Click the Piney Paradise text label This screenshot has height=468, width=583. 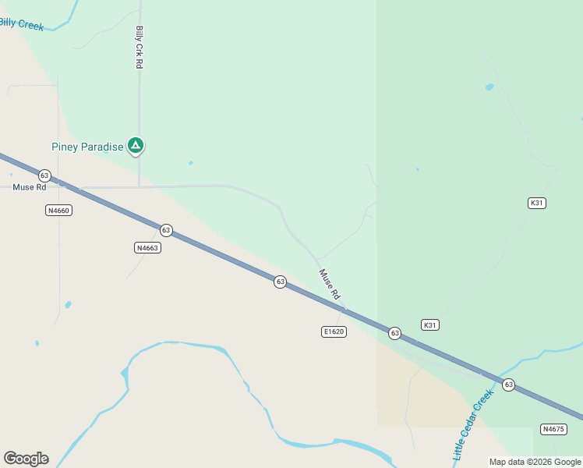tap(87, 147)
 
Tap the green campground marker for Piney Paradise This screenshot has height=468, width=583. tap(136, 145)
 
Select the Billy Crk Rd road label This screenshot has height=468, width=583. tap(140, 48)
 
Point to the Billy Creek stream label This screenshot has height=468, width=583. tap(21, 23)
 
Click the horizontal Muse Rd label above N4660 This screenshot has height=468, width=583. tap(30, 187)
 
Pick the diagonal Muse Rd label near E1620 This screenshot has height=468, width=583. tap(330, 285)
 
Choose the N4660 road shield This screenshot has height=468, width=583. tap(59, 211)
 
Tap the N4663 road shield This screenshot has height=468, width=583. tap(147, 248)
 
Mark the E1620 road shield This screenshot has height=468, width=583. tap(334, 331)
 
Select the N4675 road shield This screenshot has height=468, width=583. tap(553, 429)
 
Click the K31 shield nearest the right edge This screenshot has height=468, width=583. tap(536, 203)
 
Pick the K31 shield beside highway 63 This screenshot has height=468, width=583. tap(430, 324)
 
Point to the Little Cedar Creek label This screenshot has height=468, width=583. tap(474, 424)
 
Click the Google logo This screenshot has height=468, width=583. tap(26, 459)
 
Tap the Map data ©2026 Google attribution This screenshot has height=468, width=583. tap(535, 462)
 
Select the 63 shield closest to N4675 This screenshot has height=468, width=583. tap(509, 385)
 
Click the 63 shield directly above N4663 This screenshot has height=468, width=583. tap(166, 230)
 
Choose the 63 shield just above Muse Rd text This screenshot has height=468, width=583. tap(44, 175)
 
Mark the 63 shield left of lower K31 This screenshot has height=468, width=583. tap(395, 333)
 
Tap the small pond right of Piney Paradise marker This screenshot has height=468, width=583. tap(190, 162)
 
